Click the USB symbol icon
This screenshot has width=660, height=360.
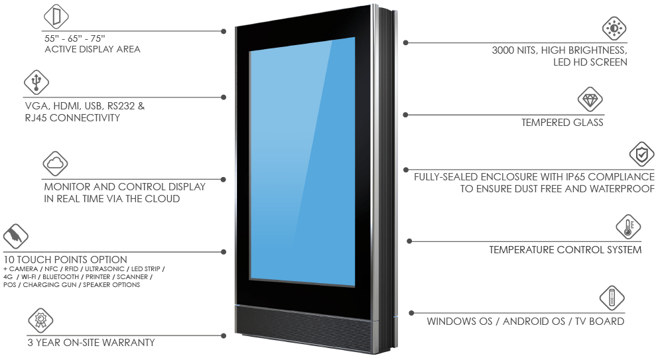[x=36, y=82]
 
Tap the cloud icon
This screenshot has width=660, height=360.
[x=55, y=164]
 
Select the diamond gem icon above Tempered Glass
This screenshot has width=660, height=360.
[x=590, y=99]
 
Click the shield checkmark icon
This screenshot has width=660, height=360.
[x=641, y=154]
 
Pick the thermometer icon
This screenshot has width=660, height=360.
[x=628, y=227]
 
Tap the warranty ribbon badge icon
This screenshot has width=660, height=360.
[x=40, y=320]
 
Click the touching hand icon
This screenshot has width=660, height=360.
[x=15, y=236]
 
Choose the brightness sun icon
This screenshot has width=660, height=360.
[x=614, y=29]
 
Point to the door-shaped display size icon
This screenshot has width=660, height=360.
[x=56, y=17]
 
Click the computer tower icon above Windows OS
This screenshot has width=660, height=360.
[x=612, y=298]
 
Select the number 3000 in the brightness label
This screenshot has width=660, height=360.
[x=503, y=50]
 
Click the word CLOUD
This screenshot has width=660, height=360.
[x=162, y=199]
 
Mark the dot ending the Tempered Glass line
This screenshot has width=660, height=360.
[x=406, y=115]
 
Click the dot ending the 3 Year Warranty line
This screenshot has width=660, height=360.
[x=224, y=335]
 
